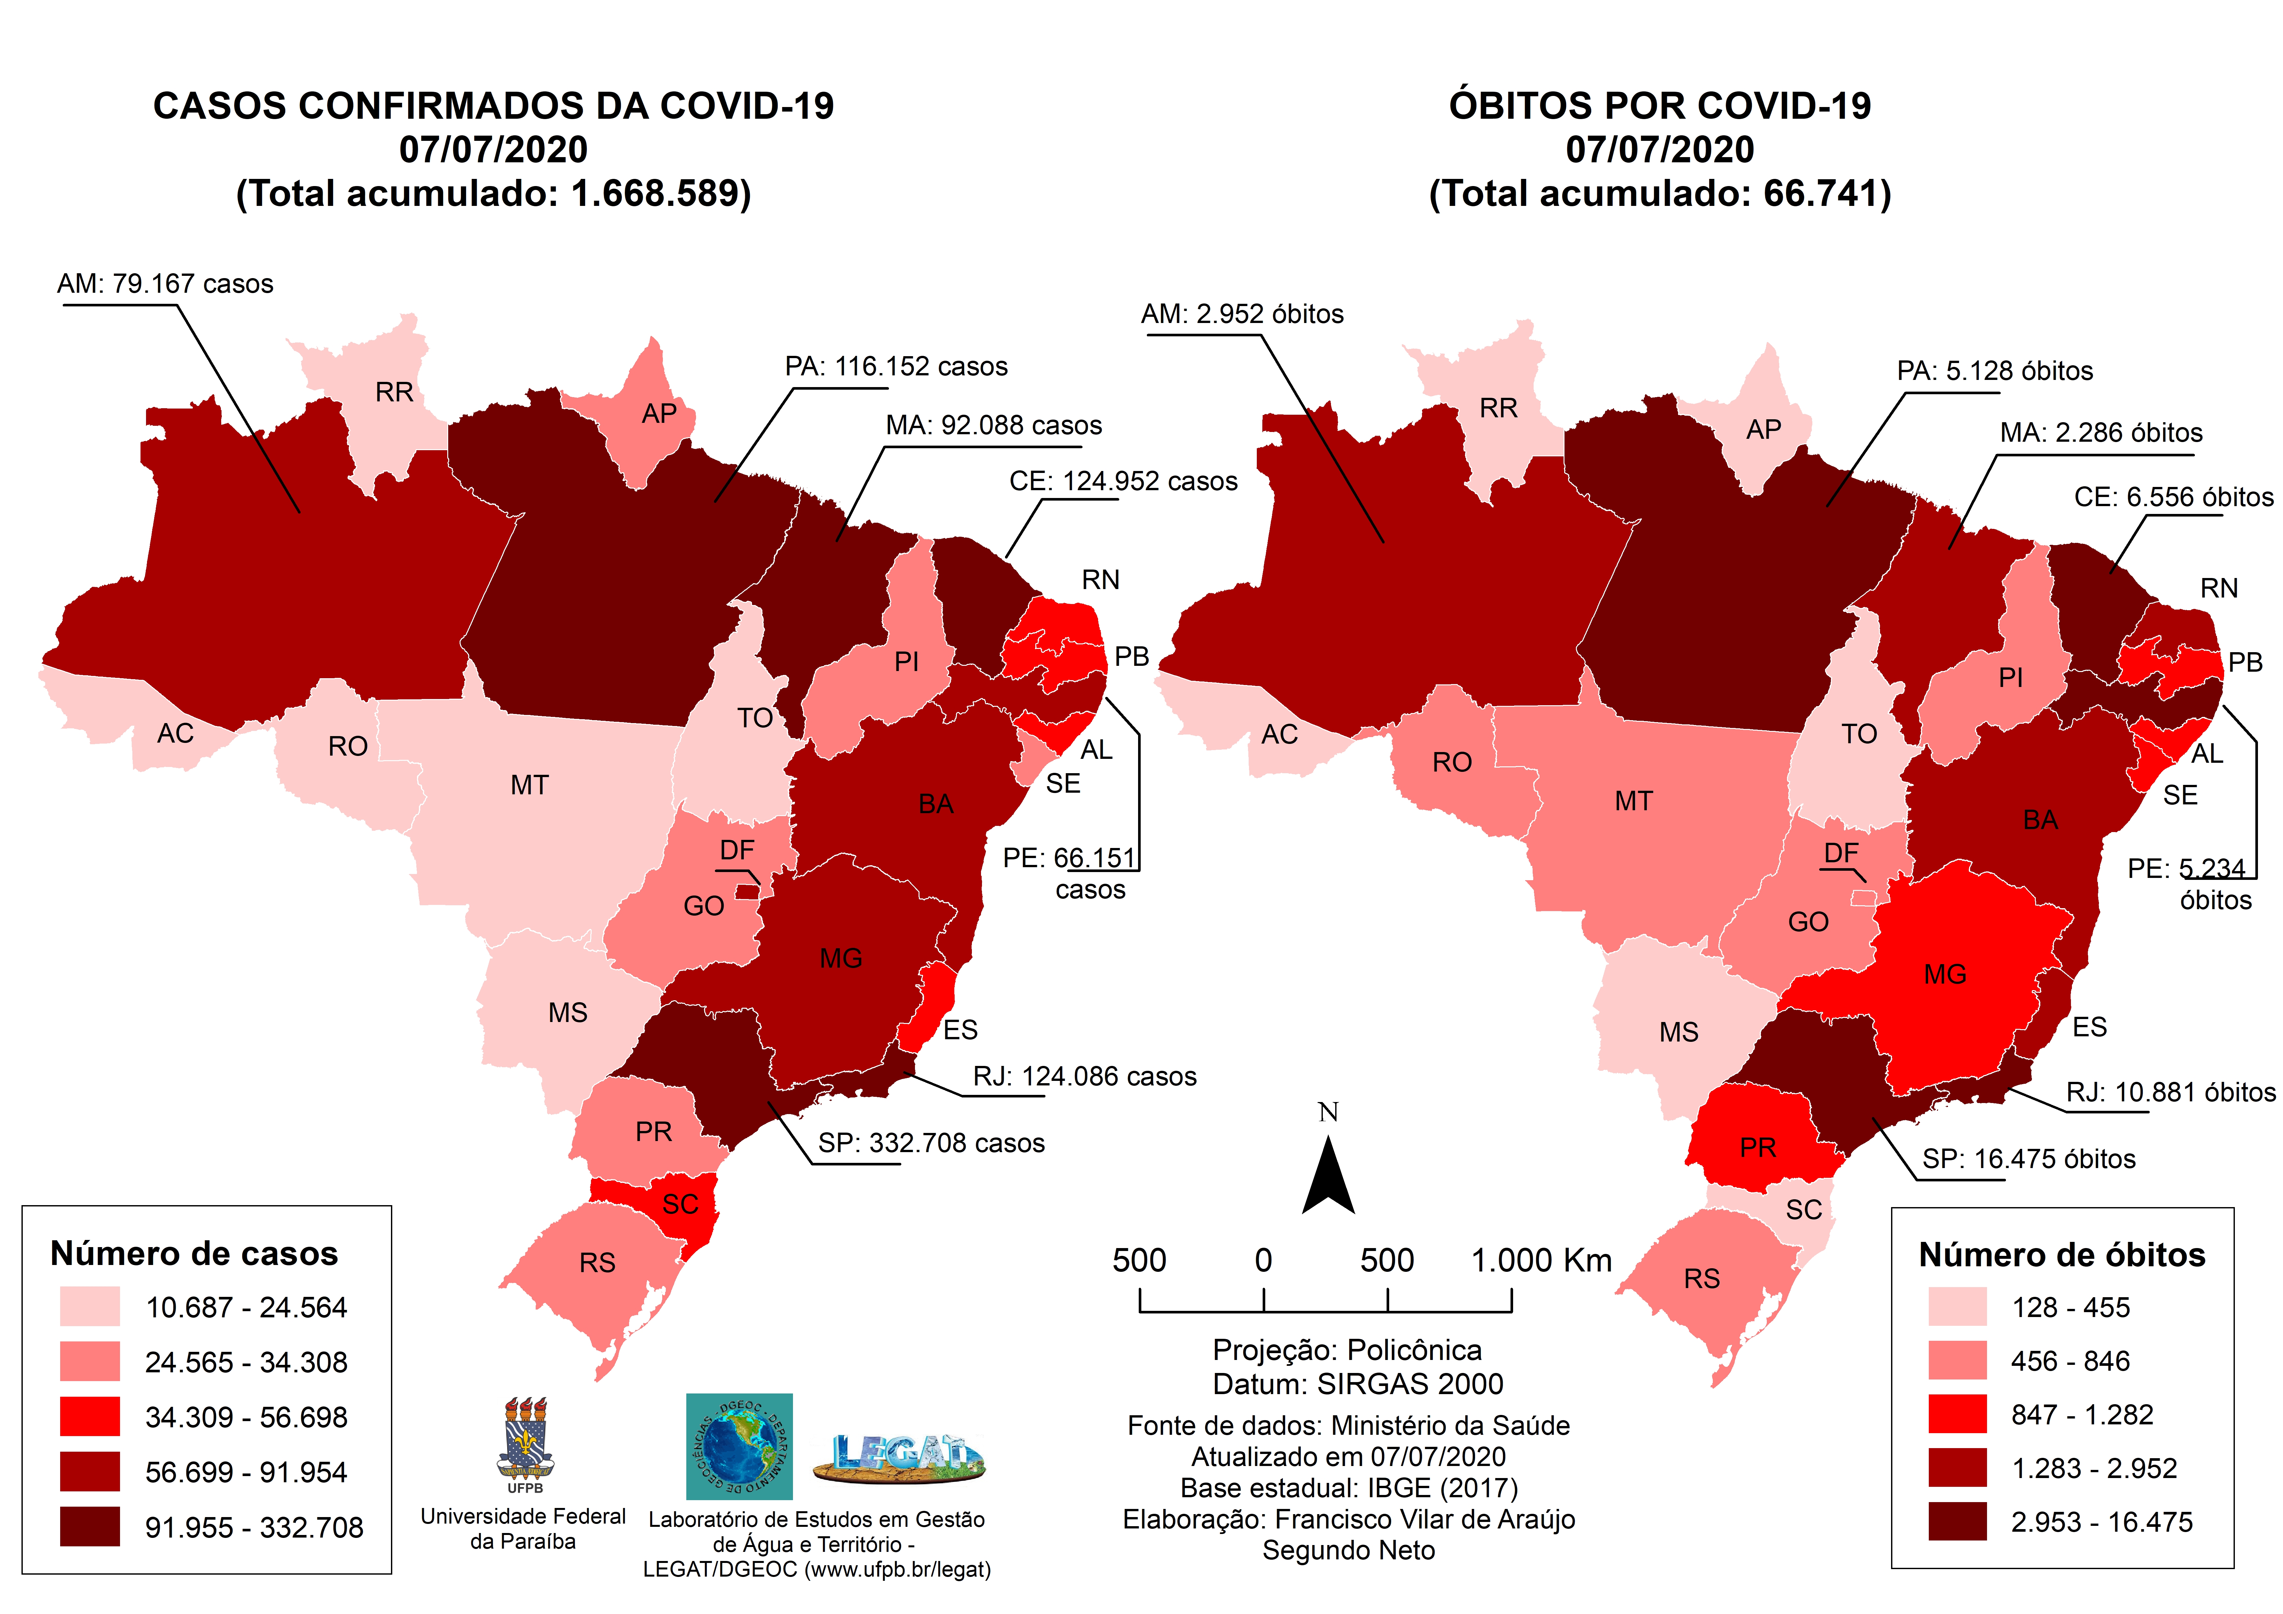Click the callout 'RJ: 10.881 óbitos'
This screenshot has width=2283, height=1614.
pyautogui.click(x=2169, y=1092)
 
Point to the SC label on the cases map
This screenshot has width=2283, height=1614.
pyautogui.click(x=680, y=1204)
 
